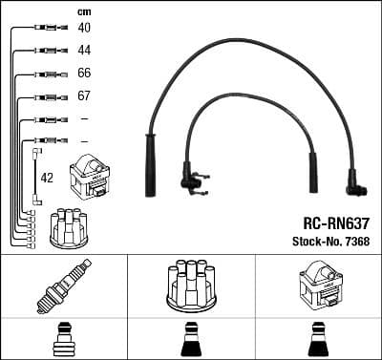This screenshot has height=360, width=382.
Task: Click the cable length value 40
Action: point(84,29)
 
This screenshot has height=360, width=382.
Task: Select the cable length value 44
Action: point(84,50)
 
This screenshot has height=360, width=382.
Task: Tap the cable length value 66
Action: point(84,74)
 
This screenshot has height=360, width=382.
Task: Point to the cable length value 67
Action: point(84,97)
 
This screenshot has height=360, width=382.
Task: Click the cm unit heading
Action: point(84,11)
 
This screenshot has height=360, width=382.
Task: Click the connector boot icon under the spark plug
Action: point(63,339)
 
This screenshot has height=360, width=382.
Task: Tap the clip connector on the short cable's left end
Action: point(191,179)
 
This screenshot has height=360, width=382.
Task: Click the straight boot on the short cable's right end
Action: point(310,176)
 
